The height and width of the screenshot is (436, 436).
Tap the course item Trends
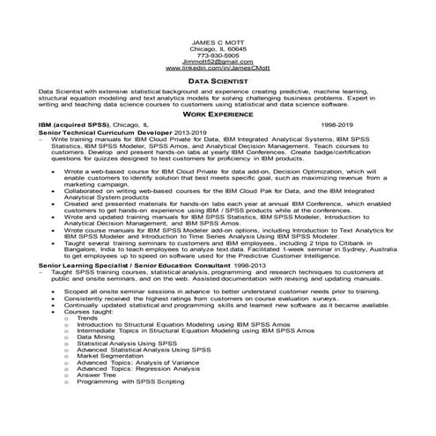pos(87,317)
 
